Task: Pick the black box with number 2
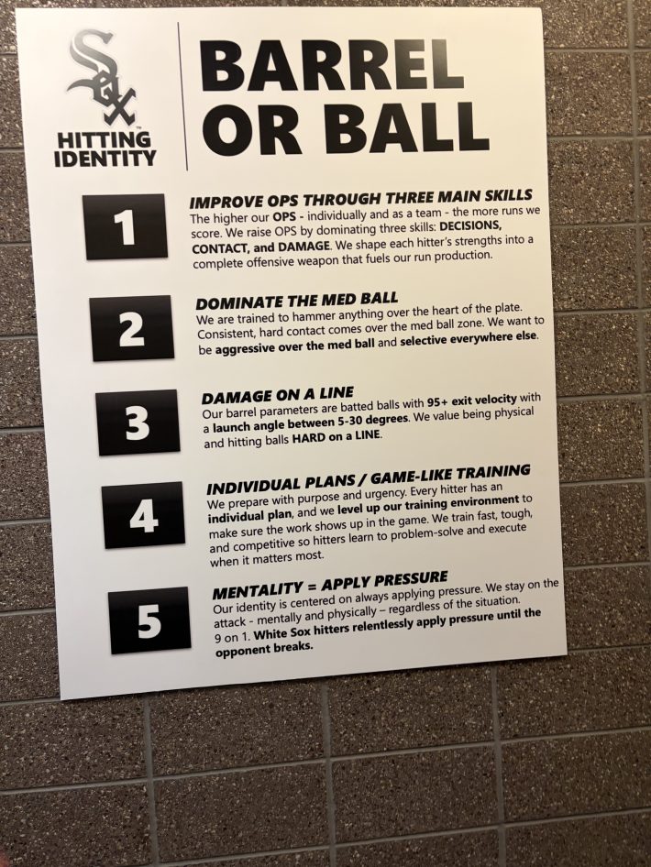pos(131,328)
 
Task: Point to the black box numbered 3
pos(138,422)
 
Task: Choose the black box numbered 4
pos(143,515)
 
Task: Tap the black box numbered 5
pos(149,621)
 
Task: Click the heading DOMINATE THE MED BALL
pos(296,301)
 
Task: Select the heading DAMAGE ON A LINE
pos(277,395)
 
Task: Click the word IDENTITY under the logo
pos(105,159)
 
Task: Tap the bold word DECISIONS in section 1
pos(470,226)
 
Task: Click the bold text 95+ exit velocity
pos(472,400)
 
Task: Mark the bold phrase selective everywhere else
pos(469,339)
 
